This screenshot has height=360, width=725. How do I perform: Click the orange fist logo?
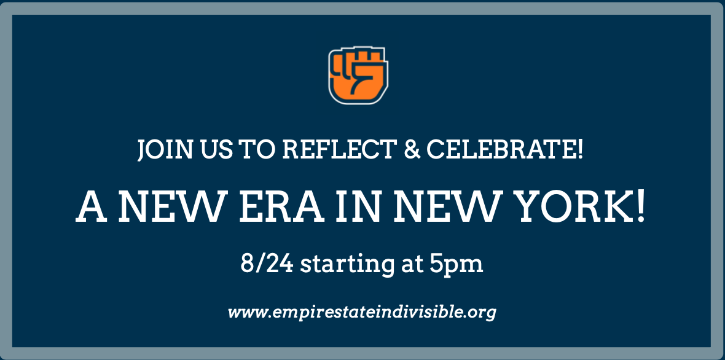[358, 76]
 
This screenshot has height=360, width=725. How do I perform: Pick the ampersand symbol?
[412, 150]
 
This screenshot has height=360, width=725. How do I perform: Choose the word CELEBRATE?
[500, 150]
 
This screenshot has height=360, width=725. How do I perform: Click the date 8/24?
[267, 264]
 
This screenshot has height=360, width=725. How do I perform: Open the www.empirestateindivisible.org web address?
[362, 313]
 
